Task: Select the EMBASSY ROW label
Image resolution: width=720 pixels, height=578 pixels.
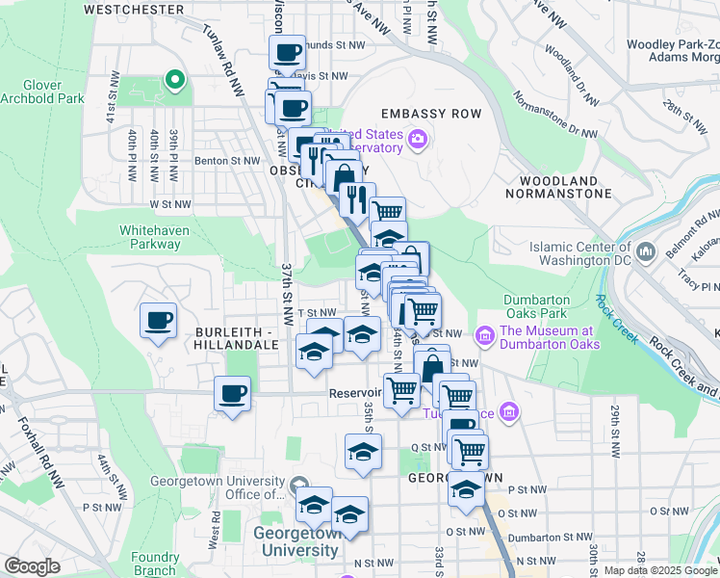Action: (x=430, y=114)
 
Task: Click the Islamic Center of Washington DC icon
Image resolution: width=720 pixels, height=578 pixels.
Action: (x=646, y=252)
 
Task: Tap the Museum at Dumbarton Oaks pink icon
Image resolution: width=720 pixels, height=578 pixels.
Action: (x=485, y=336)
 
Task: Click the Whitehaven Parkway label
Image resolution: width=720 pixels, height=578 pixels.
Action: (x=150, y=237)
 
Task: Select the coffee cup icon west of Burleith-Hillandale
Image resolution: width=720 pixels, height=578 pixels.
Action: (x=158, y=321)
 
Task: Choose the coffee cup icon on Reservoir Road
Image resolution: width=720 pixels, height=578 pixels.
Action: (x=232, y=393)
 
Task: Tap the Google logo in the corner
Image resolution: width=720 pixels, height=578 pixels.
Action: (x=32, y=566)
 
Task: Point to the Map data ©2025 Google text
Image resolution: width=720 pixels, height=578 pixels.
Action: (x=660, y=570)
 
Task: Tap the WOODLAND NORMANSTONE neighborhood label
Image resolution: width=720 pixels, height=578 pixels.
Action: (x=565, y=187)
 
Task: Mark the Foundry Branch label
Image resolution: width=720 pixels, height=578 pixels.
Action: (x=155, y=564)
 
